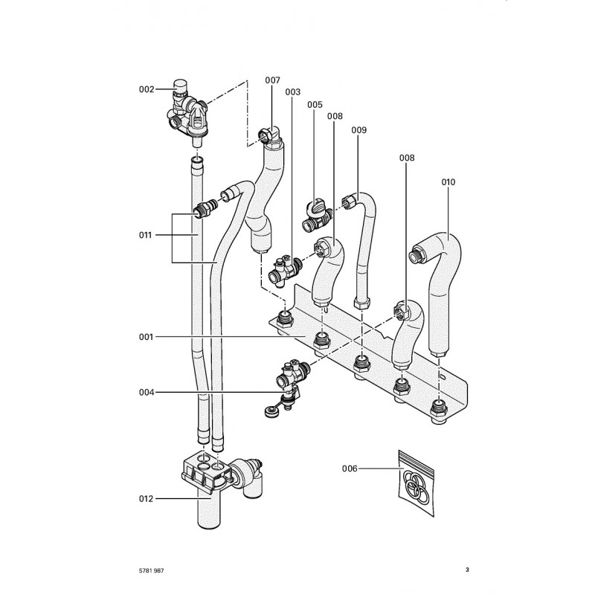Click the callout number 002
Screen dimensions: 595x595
click(147, 89)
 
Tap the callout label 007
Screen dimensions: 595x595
click(272, 80)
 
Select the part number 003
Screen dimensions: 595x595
click(292, 91)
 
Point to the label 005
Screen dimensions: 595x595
click(315, 104)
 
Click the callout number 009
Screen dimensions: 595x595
click(358, 130)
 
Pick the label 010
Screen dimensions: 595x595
click(448, 182)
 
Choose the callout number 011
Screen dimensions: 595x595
click(145, 235)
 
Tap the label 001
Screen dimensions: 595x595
click(146, 337)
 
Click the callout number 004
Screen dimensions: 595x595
click(147, 393)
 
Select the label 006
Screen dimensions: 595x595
click(350, 469)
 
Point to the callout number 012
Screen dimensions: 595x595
click(146, 499)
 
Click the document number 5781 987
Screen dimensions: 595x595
click(152, 570)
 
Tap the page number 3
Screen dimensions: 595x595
click(467, 570)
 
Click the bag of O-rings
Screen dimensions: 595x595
click(416, 484)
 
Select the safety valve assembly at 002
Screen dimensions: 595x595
click(187, 114)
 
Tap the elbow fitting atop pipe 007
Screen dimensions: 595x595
click(270, 138)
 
